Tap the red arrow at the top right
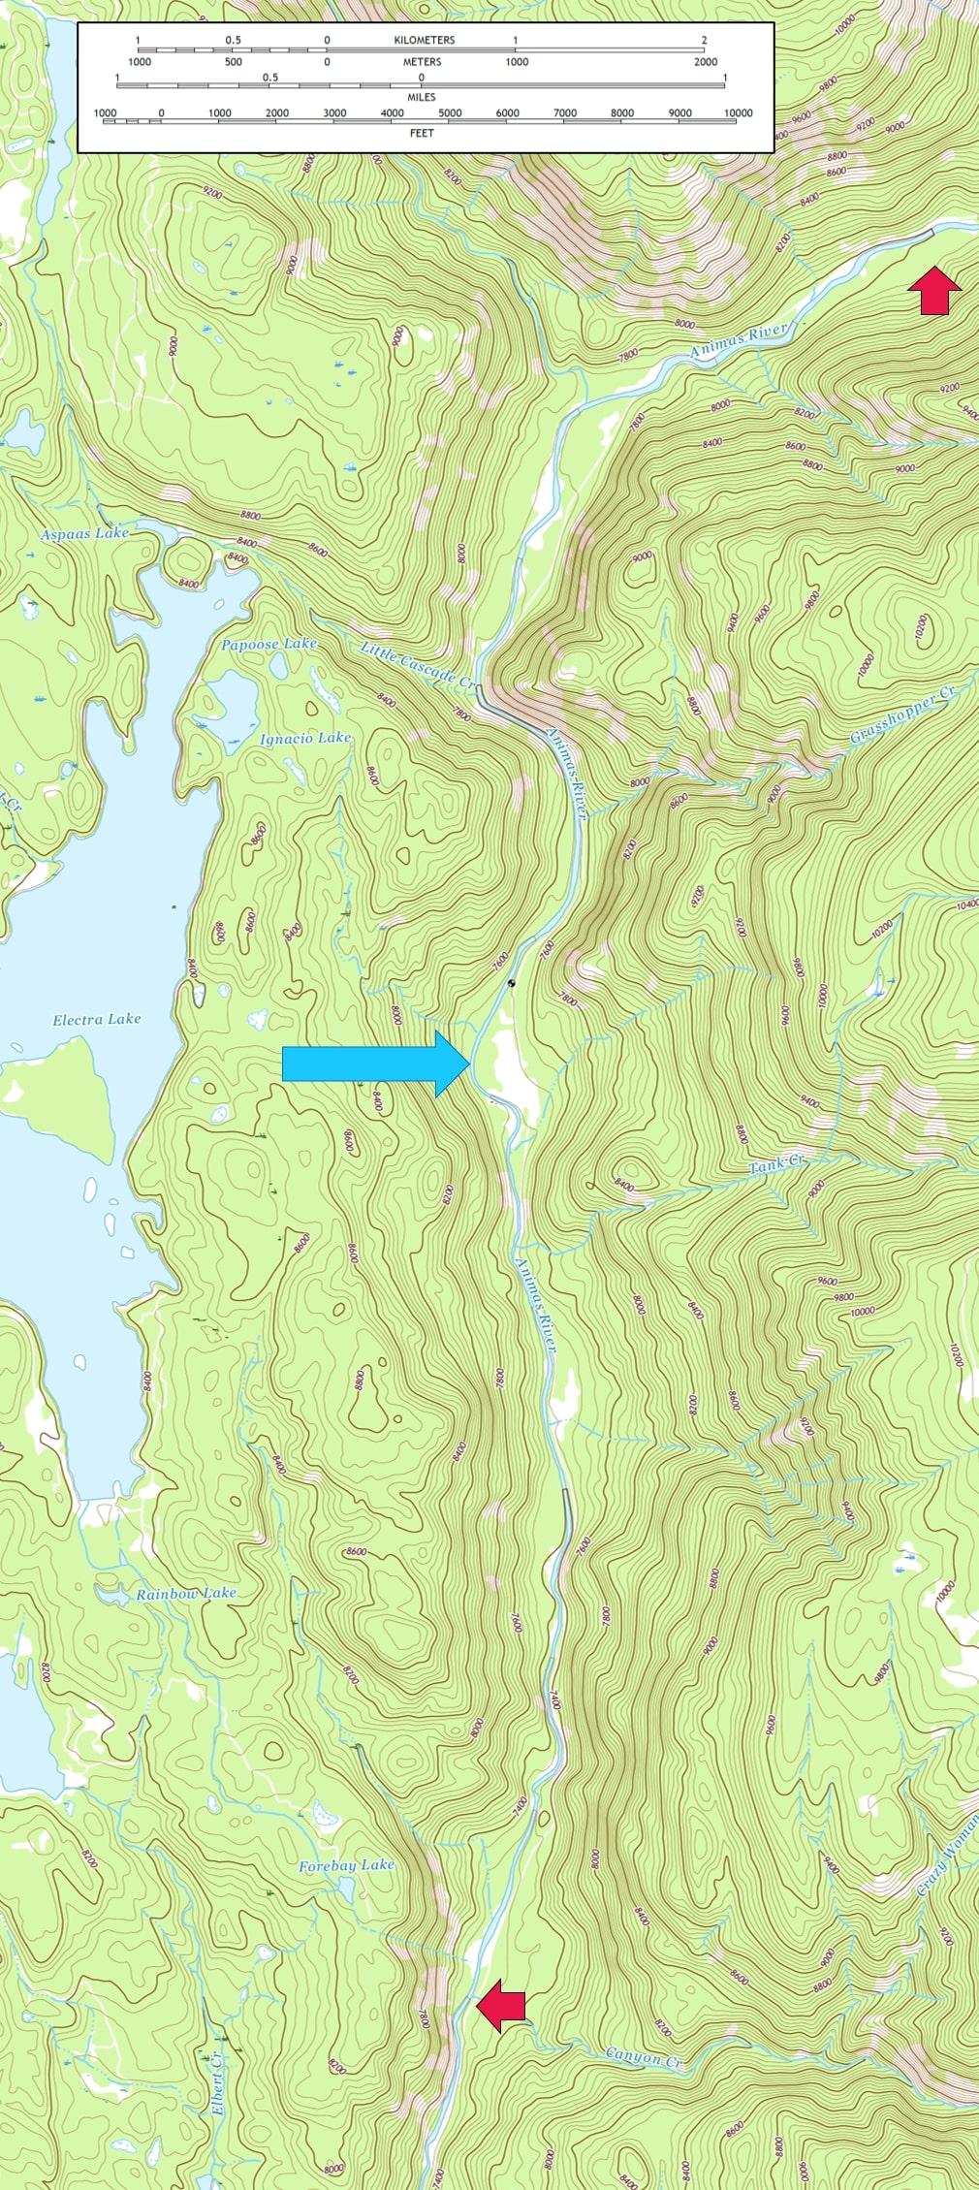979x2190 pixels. (x=934, y=290)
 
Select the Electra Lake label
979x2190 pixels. (x=97, y=1019)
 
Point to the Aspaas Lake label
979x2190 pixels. (x=84, y=534)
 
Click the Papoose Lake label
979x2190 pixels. (x=268, y=644)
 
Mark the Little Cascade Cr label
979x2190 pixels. (x=420, y=666)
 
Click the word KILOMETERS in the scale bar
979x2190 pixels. (x=425, y=41)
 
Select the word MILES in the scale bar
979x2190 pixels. (x=422, y=98)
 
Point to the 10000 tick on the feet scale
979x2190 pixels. (x=738, y=113)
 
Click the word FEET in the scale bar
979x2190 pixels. (x=423, y=133)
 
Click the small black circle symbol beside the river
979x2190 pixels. (x=512, y=983)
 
